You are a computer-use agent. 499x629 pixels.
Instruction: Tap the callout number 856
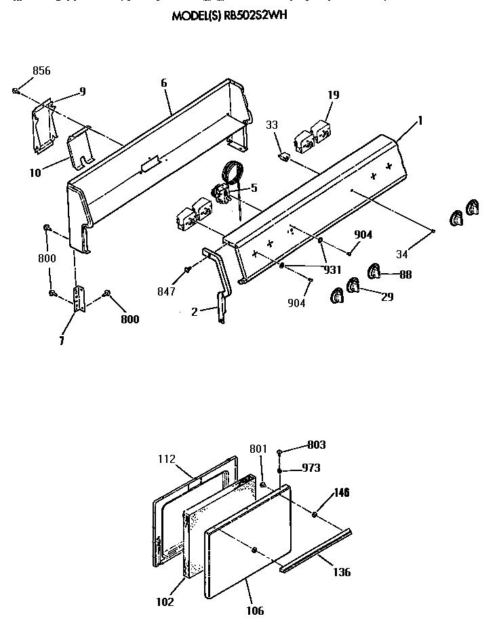41,71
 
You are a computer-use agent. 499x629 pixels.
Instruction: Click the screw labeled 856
15,90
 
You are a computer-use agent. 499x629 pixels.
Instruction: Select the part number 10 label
35,173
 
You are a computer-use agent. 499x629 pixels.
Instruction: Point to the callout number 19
333,95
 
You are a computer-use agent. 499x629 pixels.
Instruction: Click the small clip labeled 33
284,157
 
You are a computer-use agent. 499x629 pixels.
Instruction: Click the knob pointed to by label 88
374,272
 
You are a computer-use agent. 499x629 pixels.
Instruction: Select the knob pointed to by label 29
353,286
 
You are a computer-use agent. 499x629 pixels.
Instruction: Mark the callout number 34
403,254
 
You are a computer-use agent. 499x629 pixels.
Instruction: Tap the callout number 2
194,312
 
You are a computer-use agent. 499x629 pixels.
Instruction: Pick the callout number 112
166,459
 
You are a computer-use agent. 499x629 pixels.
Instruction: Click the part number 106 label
255,611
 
